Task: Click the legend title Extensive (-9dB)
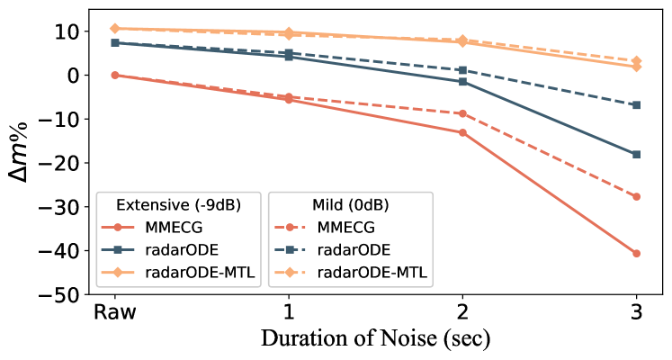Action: point(180,204)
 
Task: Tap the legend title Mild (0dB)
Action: point(351,204)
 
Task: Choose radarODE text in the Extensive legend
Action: point(182,250)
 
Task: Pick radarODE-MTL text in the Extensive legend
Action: point(200,273)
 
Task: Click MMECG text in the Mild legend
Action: point(345,228)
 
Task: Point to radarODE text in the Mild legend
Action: point(354,250)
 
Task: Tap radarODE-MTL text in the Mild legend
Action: point(372,273)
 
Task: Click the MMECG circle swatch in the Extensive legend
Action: point(118,228)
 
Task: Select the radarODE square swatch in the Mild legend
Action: point(291,250)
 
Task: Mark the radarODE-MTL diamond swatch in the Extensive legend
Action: point(118,273)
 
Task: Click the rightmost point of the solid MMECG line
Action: point(636,254)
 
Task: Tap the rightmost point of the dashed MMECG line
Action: point(636,196)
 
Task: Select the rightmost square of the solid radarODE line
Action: point(636,155)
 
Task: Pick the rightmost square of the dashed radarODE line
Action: point(636,105)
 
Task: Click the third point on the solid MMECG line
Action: point(462,132)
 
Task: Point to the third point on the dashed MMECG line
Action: point(462,113)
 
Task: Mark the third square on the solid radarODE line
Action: point(462,82)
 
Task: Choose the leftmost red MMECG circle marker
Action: point(114,75)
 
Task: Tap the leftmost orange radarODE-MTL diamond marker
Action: point(114,29)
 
